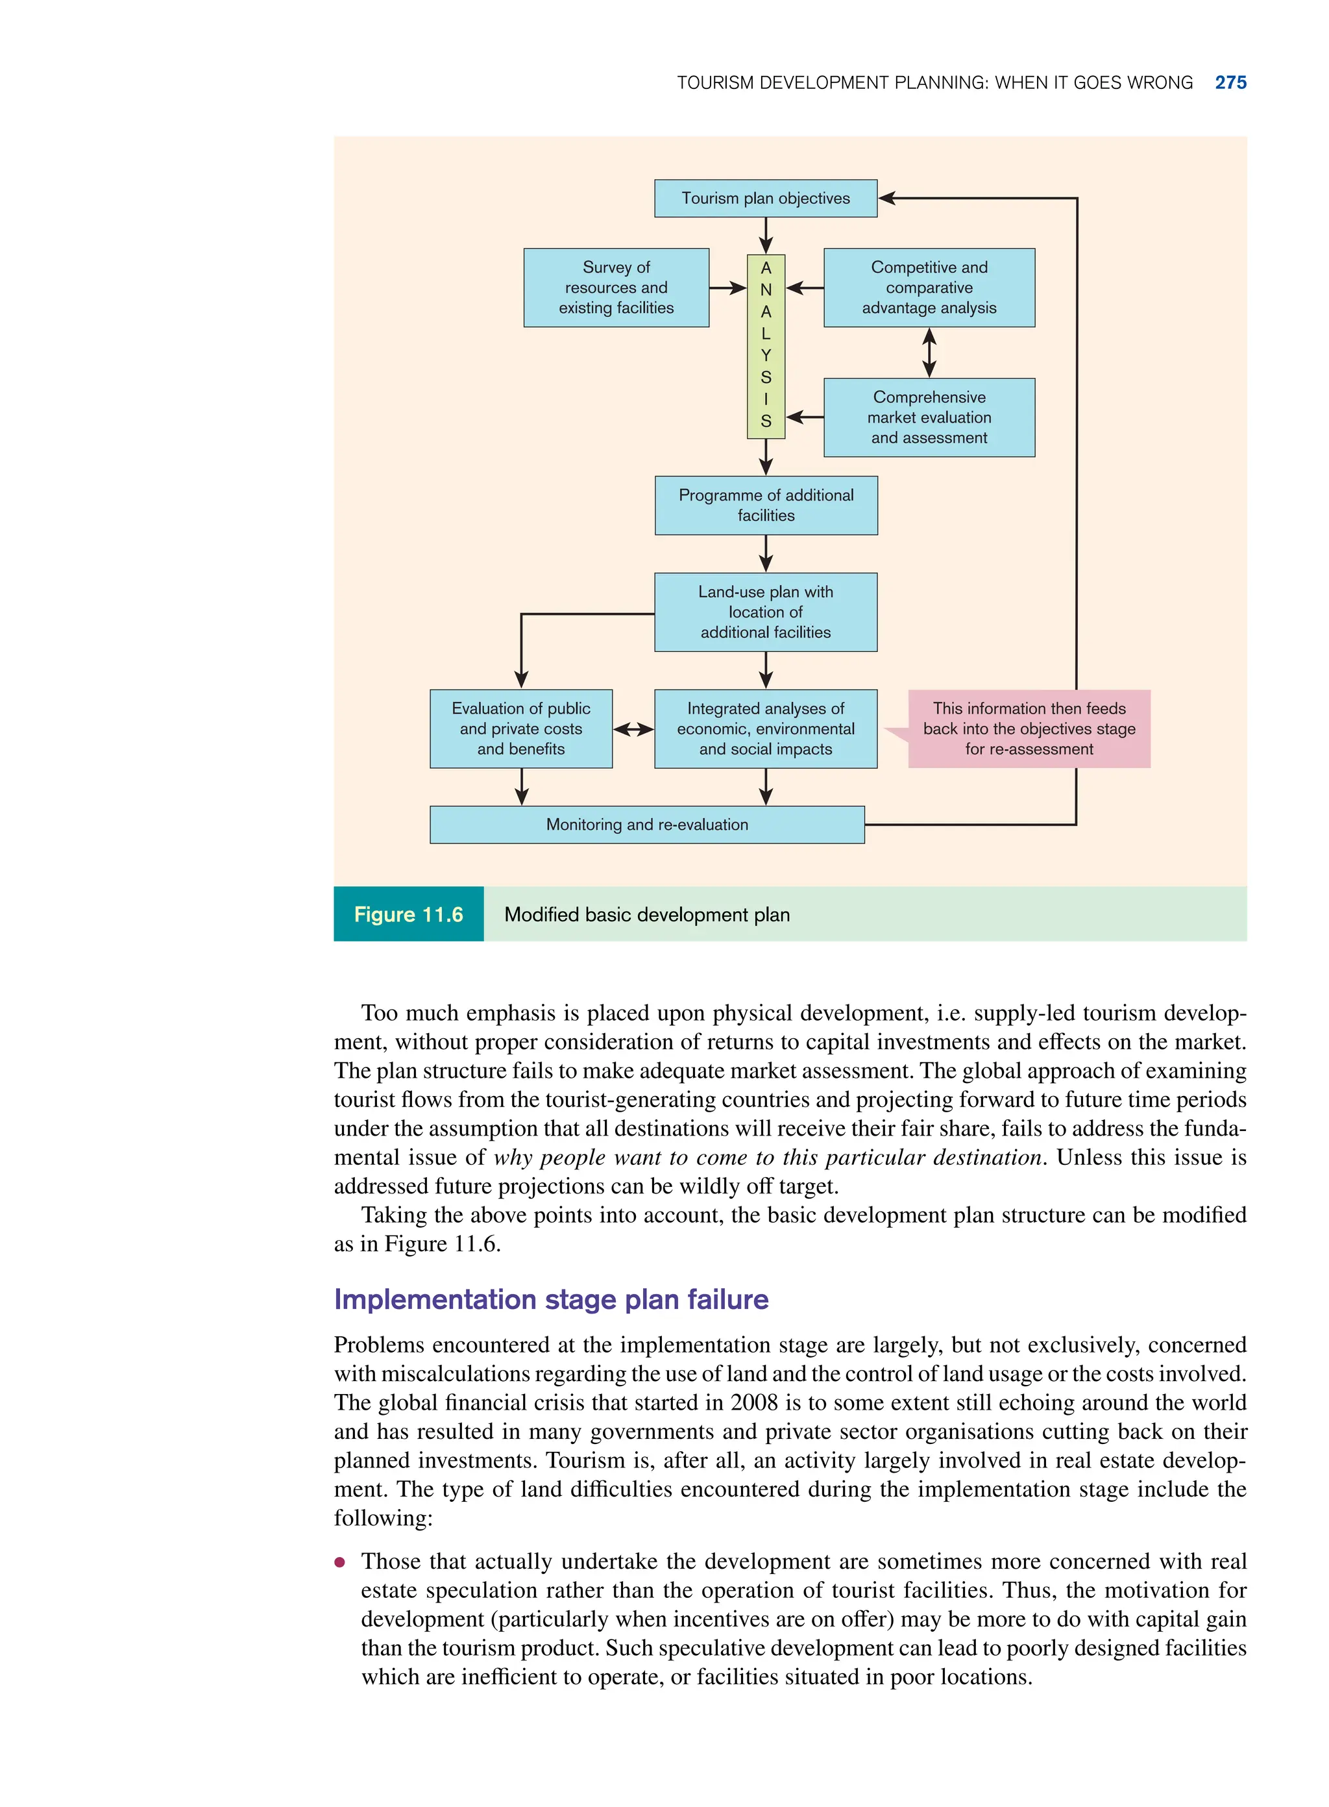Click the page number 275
click(x=1230, y=83)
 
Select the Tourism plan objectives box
click(x=765, y=198)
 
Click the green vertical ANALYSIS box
click(x=765, y=346)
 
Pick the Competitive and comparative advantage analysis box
click(x=929, y=288)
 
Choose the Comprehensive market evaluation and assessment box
click(x=929, y=417)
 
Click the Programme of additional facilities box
click(x=766, y=505)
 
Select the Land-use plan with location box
click(x=765, y=612)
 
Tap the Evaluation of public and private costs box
click(x=520, y=729)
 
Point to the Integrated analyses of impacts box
click(x=765, y=729)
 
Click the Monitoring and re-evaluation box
click(x=647, y=824)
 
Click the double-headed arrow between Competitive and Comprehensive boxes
click(x=929, y=353)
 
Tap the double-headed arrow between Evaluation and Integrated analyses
click(x=633, y=729)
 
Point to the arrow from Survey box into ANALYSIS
click(x=728, y=288)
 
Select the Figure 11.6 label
click(x=408, y=914)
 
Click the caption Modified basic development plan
click(x=647, y=914)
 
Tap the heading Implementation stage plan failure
click(x=551, y=1299)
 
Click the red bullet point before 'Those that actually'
click(x=340, y=1562)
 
